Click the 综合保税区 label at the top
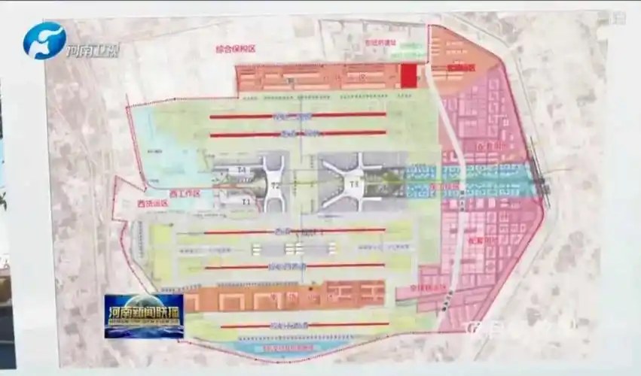(x=236, y=49)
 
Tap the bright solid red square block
(x=407, y=76)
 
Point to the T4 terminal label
(x=243, y=171)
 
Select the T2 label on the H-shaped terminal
(x=276, y=185)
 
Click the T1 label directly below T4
(x=246, y=202)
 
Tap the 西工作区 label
(x=185, y=193)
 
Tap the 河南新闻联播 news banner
(x=143, y=315)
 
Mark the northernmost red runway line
(x=298, y=116)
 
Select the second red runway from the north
(x=298, y=134)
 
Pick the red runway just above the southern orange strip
(x=295, y=265)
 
